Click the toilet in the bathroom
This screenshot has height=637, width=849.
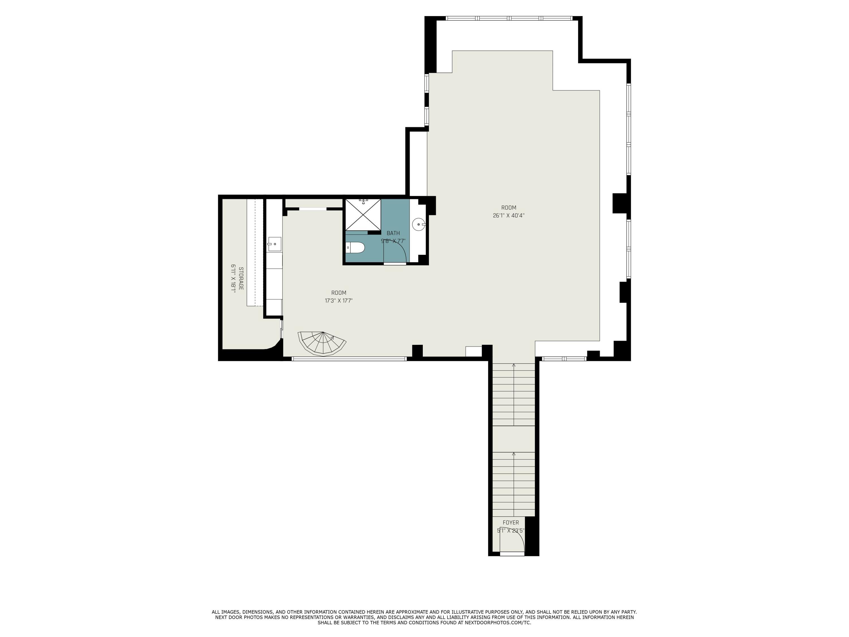tap(355, 248)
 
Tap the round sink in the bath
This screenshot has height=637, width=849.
tap(418, 224)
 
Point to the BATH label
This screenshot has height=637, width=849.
tap(393, 233)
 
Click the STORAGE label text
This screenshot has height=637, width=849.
tap(241, 278)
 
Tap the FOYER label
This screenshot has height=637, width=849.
tap(511, 523)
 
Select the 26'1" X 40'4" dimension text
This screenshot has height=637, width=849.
tap(509, 216)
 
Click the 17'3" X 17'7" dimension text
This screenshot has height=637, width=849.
tap(338, 301)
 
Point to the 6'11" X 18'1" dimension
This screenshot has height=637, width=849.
tap(233, 278)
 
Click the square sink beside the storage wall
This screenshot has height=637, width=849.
tap(275, 244)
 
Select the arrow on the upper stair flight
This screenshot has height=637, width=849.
tap(514, 365)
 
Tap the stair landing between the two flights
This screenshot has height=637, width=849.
tap(514, 439)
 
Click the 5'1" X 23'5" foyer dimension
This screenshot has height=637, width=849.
tap(511, 531)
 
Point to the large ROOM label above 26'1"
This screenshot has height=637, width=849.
tap(509, 208)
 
